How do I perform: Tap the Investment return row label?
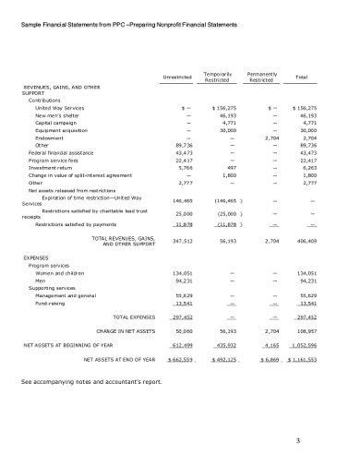pos(50,167)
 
